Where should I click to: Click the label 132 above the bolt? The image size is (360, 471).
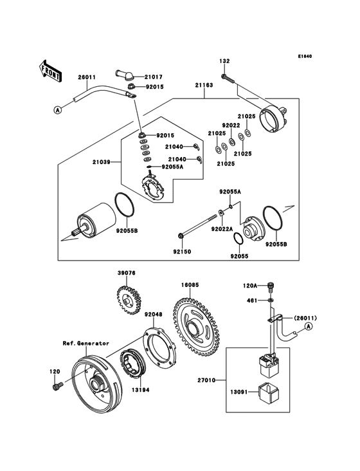(x=224, y=61)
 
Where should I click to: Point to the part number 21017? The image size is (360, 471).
(x=155, y=76)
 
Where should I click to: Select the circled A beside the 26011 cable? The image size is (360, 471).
(x=58, y=110)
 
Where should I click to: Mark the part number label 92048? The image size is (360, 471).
(x=153, y=315)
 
